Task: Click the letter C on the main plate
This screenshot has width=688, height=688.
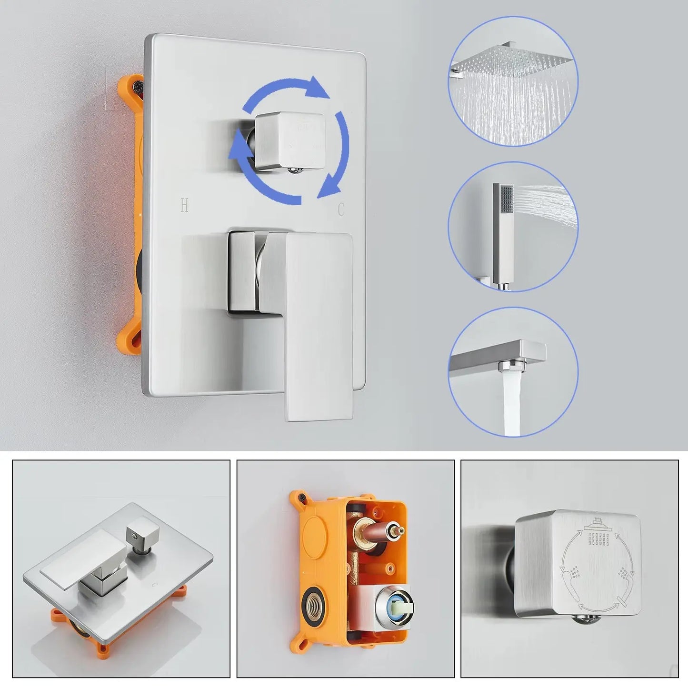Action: pyautogui.click(x=341, y=209)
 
